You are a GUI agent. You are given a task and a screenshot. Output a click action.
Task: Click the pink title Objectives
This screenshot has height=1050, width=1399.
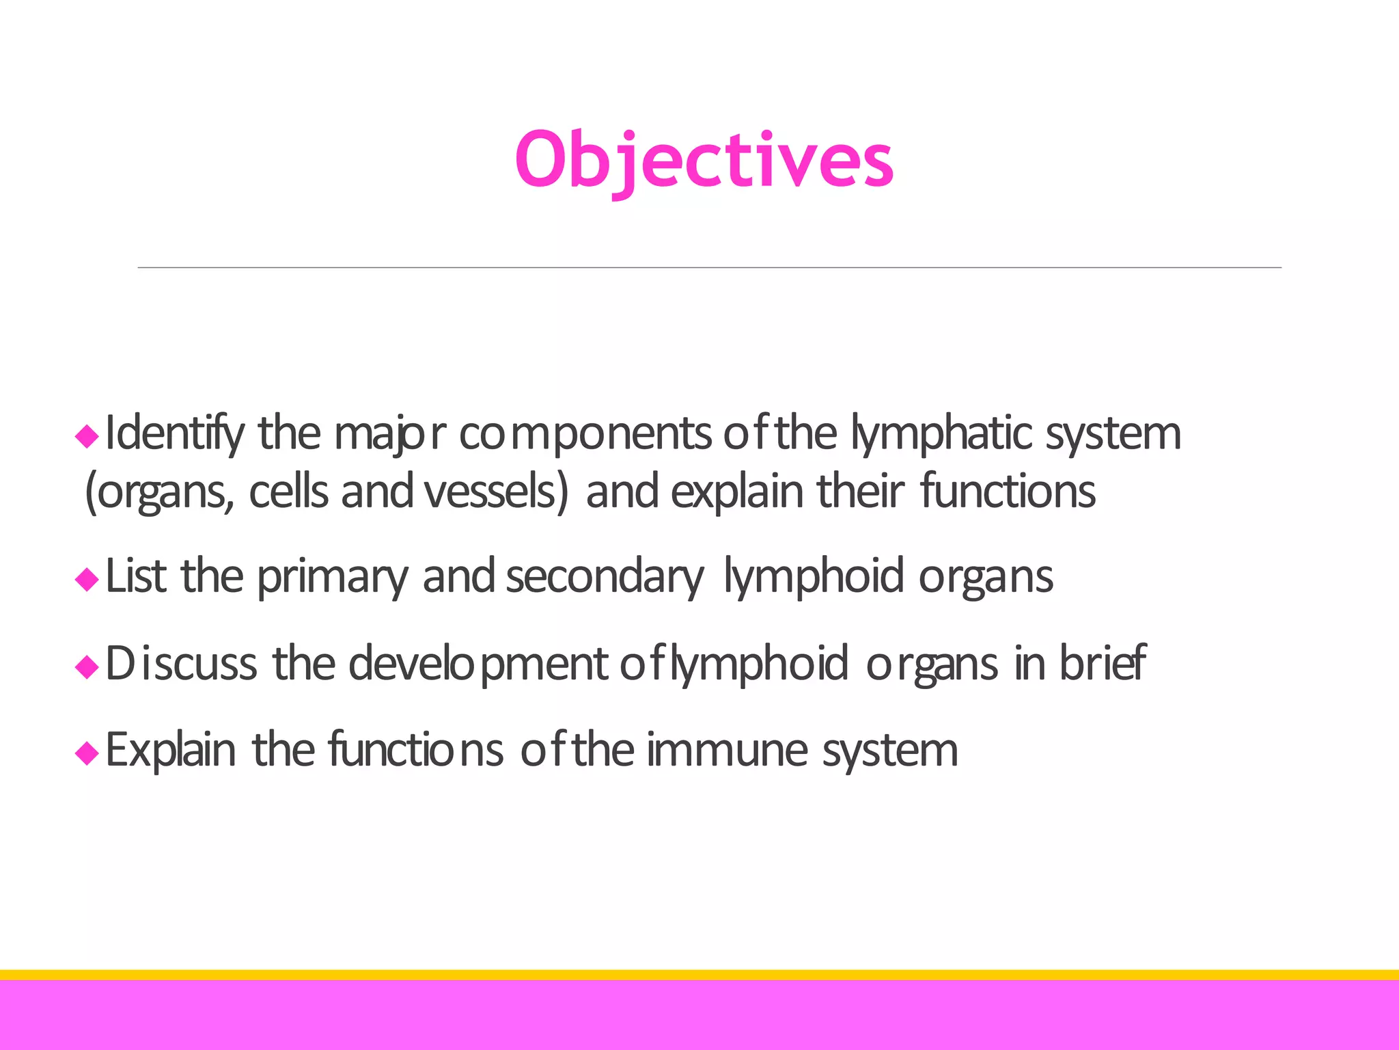click(x=704, y=160)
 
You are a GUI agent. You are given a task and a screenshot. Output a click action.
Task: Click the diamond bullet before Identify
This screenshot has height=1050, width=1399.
click(x=87, y=435)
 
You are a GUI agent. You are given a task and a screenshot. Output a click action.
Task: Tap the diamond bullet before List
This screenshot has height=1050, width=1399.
click(x=87, y=580)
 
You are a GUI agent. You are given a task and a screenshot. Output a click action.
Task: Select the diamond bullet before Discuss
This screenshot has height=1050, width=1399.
click(x=87, y=667)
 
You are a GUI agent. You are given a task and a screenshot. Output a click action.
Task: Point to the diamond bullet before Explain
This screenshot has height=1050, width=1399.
click(x=87, y=753)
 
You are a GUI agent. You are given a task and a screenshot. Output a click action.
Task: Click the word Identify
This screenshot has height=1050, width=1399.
click(x=175, y=435)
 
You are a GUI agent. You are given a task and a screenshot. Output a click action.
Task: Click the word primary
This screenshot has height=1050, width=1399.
click(x=332, y=578)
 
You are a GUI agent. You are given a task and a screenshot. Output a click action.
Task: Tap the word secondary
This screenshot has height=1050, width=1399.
click(x=605, y=578)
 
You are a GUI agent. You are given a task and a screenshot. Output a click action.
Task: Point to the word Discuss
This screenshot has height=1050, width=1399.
click(x=181, y=664)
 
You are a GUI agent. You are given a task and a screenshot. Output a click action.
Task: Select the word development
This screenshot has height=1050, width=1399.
click(x=478, y=665)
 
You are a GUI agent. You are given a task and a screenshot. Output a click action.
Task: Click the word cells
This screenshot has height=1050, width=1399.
click(x=288, y=492)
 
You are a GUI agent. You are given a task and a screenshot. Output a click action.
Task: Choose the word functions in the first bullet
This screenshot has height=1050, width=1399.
click(x=1008, y=492)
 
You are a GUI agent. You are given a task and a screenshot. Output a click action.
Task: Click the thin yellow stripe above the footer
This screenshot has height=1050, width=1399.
click(x=699, y=975)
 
